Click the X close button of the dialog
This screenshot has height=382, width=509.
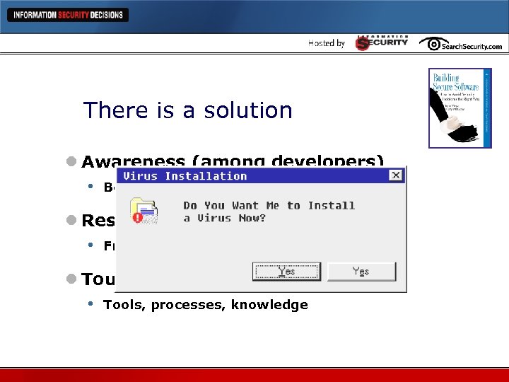tap(396, 175)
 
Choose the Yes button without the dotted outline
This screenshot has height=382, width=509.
tap(361, 272)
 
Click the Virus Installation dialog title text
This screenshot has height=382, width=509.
tap(185, 176)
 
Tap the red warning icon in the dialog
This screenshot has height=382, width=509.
tap(138, 218)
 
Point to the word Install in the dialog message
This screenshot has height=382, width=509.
tap(331, 205)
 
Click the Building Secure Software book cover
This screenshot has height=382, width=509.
tap(460, 108)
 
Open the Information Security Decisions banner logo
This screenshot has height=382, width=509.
tap(68, 15)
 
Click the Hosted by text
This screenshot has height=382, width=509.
tap(327, 43)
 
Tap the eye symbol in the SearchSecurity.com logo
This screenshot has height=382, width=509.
tap(431, 44)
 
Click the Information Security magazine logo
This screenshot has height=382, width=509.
tap(382, 42)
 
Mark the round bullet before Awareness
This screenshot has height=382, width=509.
tap(72, 162)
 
